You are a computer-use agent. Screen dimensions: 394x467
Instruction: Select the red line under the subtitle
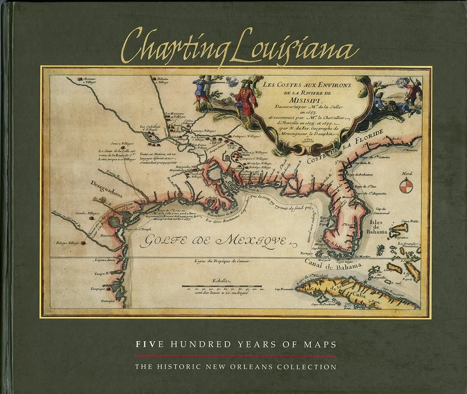(235, 355)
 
